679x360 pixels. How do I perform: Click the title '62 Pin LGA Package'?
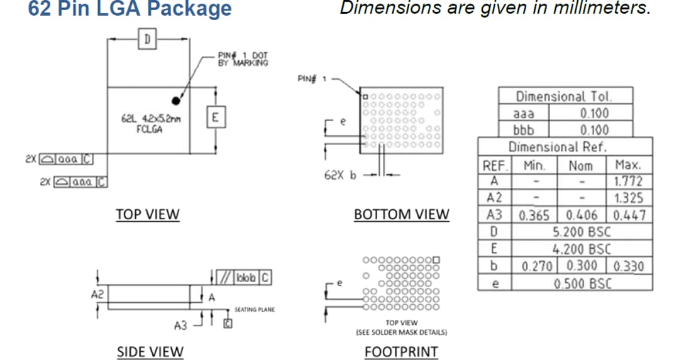point(130,9)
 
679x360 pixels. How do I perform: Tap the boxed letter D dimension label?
point(147,40)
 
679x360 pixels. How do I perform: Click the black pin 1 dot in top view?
point(177,100)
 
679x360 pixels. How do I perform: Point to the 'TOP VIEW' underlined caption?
point(147,214)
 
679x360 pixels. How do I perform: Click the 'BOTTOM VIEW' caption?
point(401,214)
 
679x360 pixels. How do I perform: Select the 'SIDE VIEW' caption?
point(150,352)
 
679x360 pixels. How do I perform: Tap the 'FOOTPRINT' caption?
point(401,352)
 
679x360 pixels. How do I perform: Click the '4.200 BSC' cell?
point(582,249)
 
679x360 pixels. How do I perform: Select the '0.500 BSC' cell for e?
point(582,283)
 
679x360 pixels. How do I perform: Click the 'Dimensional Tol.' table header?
point(564,97)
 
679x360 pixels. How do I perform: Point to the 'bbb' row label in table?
point(524,130)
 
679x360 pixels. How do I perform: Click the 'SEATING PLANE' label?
point(255,310)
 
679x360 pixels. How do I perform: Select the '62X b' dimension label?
point(339,175)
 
